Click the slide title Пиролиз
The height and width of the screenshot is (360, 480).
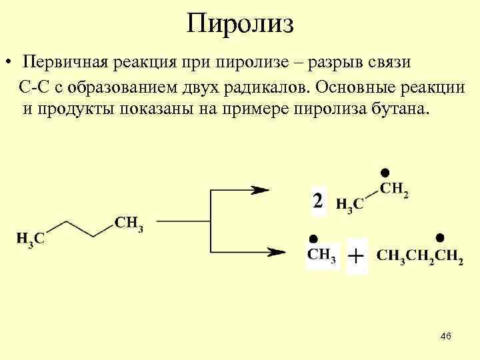pos(240,24)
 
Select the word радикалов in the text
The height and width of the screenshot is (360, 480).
pos(267,87)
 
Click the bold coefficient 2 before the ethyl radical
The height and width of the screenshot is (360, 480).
pos(318,200)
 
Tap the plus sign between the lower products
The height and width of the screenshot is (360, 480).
pos(357,256)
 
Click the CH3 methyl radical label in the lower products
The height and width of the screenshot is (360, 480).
pos(321,255)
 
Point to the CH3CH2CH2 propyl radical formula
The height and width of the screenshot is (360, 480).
pos(419,256)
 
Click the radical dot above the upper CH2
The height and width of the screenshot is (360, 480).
pos(385,173)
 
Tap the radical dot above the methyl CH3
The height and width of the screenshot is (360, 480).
pos(311,238)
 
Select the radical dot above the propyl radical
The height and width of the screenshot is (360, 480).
pos(439,238)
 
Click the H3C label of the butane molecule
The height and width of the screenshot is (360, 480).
pos(30,238)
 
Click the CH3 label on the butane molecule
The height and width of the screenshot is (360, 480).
pos(129,223)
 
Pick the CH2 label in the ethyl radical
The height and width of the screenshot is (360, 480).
pos(393,189)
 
